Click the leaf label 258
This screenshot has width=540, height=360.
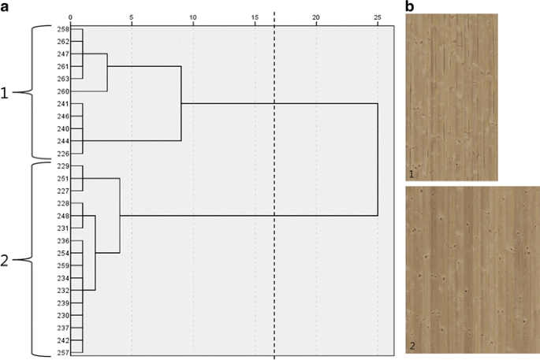click(63, 28)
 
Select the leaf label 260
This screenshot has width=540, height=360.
click(63, 91)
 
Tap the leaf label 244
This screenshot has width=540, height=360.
click(63, 141)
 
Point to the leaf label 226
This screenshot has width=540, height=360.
click(63, 154)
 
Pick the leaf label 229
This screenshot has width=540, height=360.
click(63, 166)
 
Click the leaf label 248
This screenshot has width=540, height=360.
click(63, 216)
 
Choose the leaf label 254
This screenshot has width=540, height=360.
click(63, 253)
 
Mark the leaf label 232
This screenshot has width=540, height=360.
click(63, 290)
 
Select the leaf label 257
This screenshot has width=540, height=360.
click(63, 352)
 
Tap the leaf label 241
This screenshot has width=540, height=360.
click(63, 104)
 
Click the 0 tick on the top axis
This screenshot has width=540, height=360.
click(71, 16)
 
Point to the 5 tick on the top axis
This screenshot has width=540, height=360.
click(132, 16)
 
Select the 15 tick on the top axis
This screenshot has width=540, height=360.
click(255, 16)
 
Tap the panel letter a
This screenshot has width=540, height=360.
click(6, 6)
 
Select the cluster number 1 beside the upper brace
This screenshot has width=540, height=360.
click(6, 93)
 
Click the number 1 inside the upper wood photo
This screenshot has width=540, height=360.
click(412, 173)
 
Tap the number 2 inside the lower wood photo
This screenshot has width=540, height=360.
click(412, 347)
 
